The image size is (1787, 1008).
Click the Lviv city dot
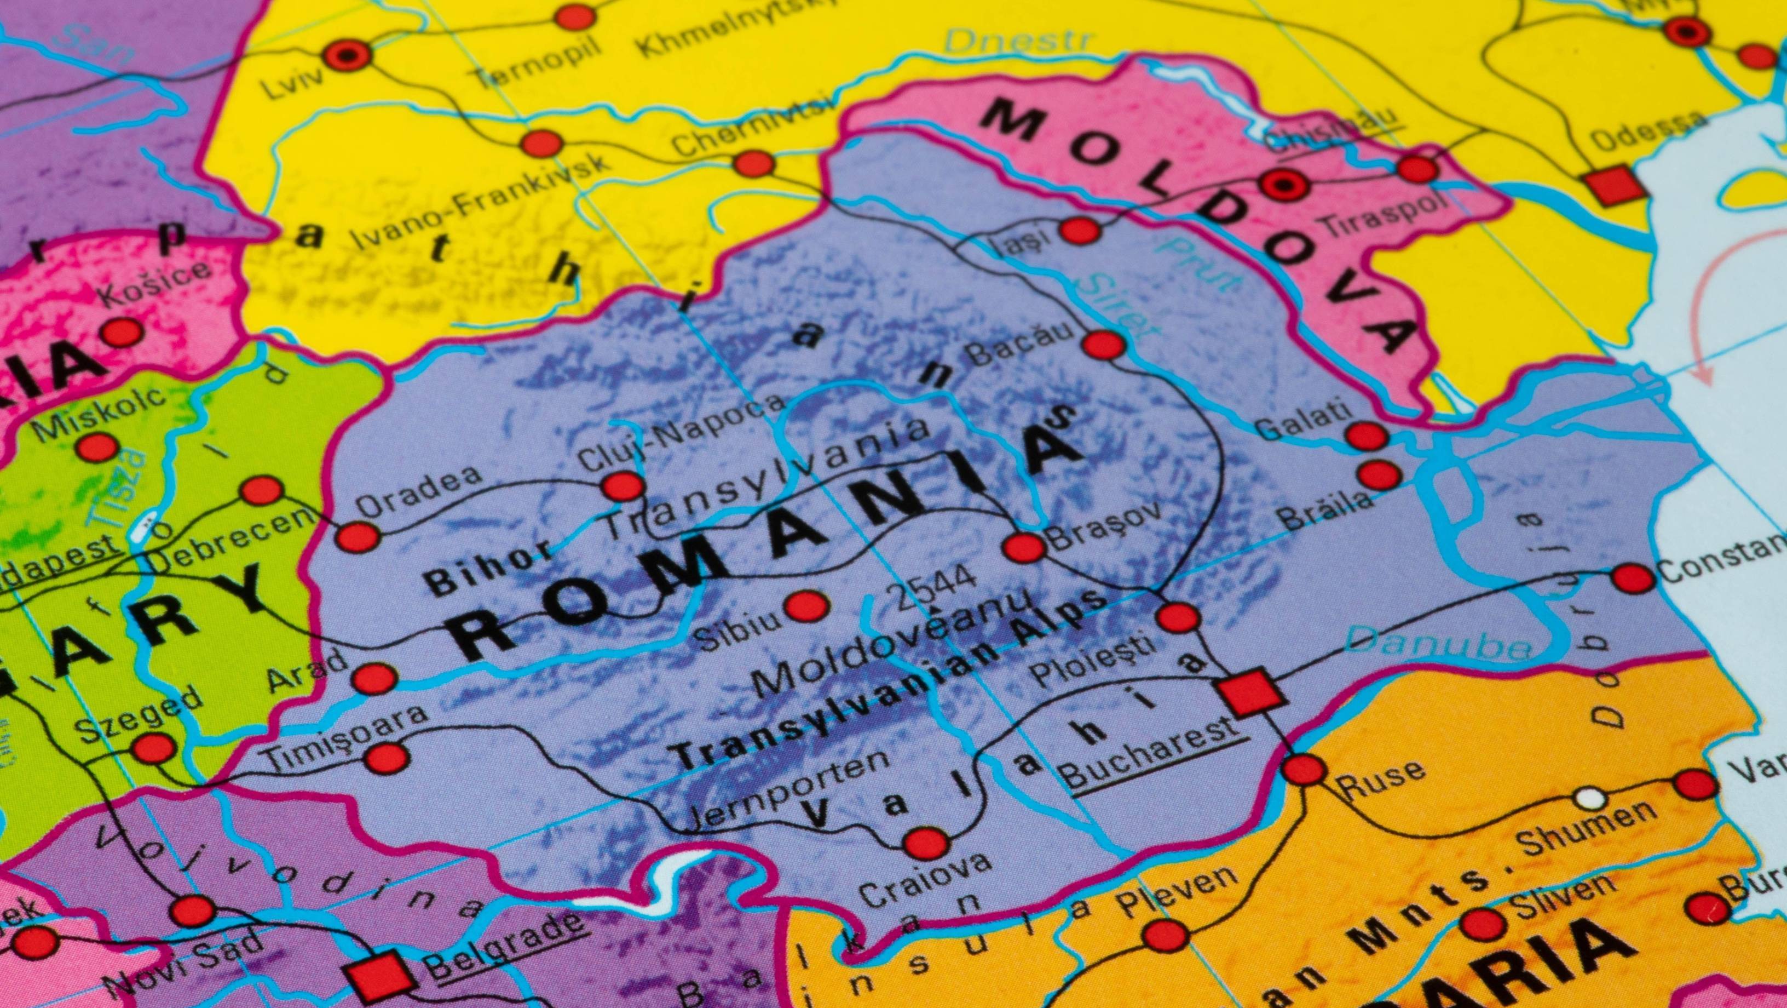345,55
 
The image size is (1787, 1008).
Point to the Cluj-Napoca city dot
622,485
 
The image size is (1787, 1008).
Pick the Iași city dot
1080,230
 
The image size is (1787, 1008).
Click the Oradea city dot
358,537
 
